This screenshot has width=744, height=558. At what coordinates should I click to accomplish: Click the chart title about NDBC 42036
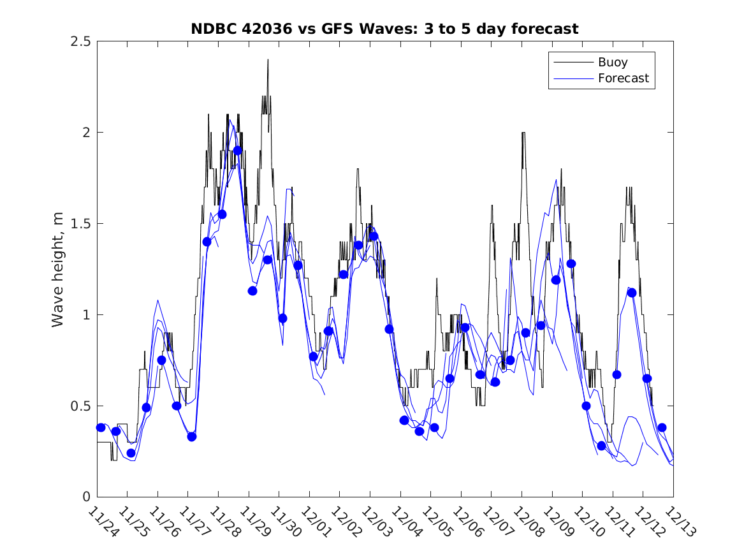(x=384, y=29)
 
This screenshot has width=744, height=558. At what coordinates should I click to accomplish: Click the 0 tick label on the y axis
(x=85, y=497)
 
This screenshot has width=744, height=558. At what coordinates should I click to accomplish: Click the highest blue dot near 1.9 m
(x=237, y=151)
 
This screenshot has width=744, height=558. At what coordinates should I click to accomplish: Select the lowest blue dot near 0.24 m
(x=131, y=453)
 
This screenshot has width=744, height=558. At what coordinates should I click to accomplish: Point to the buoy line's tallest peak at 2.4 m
(x=268, y=61)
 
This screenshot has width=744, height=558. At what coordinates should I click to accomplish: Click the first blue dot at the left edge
(x=101, y=427)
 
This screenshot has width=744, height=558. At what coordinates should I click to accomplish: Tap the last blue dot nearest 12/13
(x=662, y=427)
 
